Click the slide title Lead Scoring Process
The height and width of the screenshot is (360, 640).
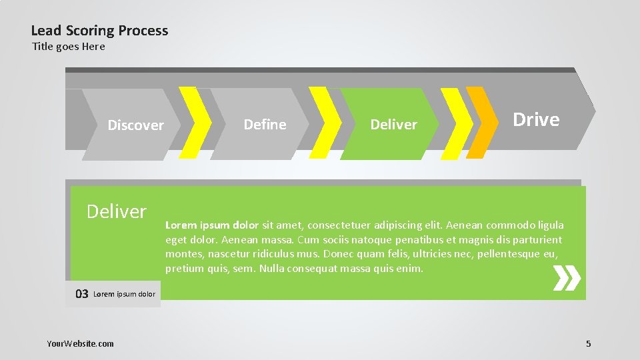click(x=99, y=31)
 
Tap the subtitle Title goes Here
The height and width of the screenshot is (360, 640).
click(x=69, y=47)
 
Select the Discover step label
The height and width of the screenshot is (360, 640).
click(x=135, y=125)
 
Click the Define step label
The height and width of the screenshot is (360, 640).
click(x=265, y=125)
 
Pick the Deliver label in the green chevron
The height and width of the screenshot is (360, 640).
click(x=393, y=125)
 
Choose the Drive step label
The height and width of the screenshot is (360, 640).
click(x=536, y=120)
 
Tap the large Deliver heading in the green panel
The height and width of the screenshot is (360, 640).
click(x=117, y=211)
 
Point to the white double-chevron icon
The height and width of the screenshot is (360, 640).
click(x=567, y=278)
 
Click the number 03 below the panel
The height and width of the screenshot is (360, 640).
click(x=81, y=294)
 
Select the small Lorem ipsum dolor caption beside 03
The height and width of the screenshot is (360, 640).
click(x=125, y=294)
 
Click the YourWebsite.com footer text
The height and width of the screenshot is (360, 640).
click(x=80, y=343)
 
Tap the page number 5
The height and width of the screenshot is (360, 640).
click(x=588, y=343)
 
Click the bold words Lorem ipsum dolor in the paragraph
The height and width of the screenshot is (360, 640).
click(x=212, y=225)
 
